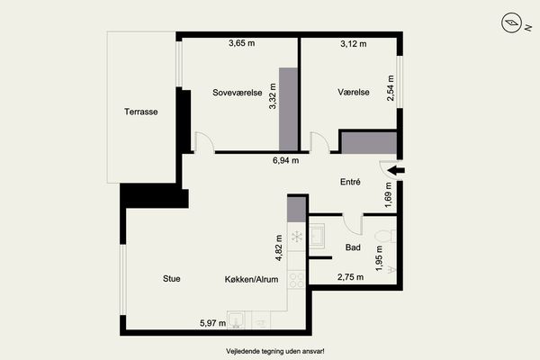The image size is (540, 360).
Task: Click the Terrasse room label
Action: [141, 112]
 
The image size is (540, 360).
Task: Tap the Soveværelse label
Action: [238, 93]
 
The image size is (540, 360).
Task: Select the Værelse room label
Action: [354, 92]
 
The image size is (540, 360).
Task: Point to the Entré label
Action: [350, 182]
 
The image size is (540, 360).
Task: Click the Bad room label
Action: [353, 247]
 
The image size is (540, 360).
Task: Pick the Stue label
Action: [172, 278]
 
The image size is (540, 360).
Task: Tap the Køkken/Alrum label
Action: [251, 279]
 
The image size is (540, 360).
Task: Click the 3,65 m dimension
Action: [242, 43]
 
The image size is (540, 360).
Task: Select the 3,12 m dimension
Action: [354, 44]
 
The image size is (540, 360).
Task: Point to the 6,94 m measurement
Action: [286, 160]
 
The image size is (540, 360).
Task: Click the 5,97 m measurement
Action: [212, 323]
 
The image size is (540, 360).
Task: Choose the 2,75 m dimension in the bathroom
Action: [351, 277]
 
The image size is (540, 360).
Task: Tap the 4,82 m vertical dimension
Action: [279, 247]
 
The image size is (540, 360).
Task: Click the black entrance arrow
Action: [396, 170]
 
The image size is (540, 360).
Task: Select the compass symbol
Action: [511, 22]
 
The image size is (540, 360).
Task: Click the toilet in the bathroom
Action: [385, 237]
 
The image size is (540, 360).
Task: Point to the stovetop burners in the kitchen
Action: [296, 280]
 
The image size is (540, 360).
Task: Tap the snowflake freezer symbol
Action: [296, 237]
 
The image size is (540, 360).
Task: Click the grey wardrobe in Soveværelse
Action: [288, 109]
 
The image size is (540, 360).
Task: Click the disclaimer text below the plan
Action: [275, 351]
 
